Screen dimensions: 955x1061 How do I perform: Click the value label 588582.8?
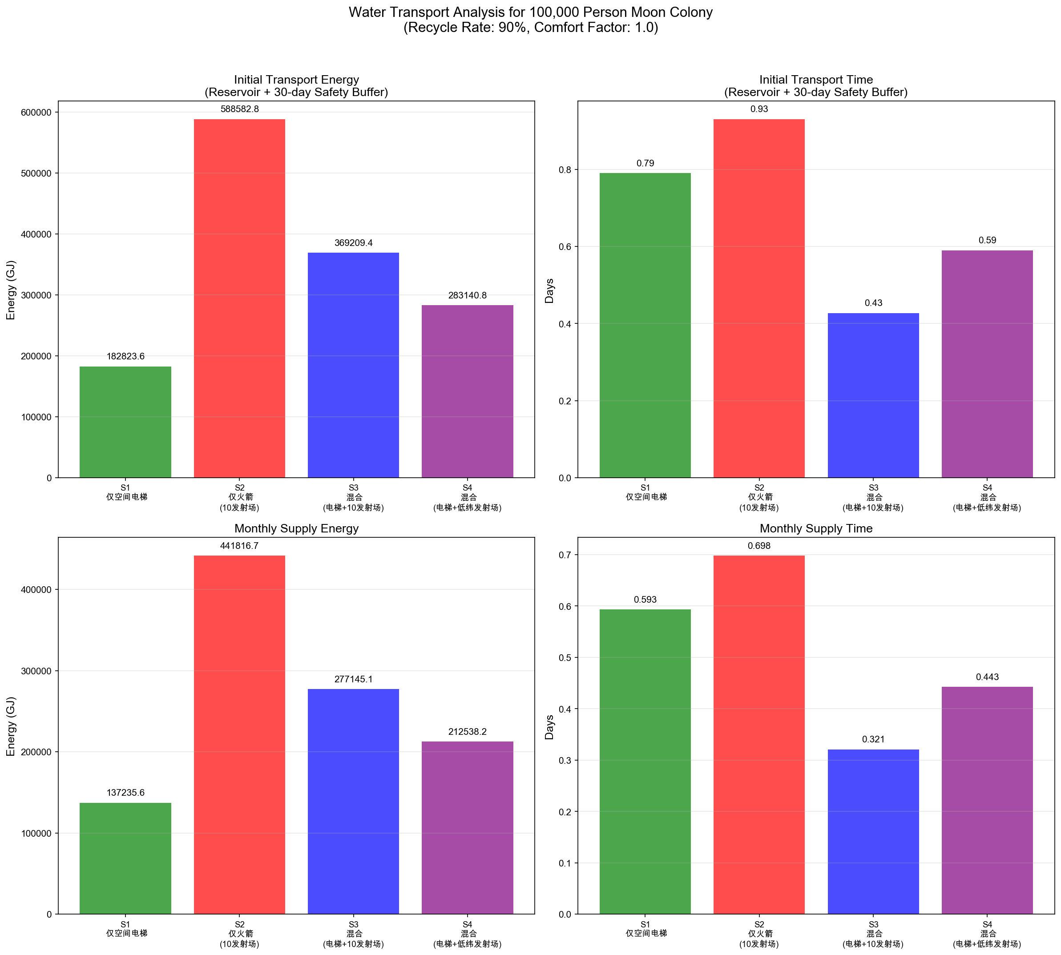(239, 109)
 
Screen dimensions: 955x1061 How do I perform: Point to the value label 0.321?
(873, 739)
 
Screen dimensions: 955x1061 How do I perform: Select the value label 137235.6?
(125, 793)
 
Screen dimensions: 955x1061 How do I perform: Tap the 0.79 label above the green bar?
(645, 163)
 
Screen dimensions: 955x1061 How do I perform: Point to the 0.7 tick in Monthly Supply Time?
(566, 555)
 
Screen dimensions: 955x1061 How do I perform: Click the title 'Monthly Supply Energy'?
(296, 528)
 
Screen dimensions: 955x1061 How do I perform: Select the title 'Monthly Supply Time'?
(816, 528)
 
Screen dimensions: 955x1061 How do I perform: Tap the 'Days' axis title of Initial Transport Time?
(549, 291)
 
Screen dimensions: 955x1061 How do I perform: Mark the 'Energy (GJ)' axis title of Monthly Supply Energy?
(11, 726)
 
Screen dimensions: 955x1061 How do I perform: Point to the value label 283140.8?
(467, 295)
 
